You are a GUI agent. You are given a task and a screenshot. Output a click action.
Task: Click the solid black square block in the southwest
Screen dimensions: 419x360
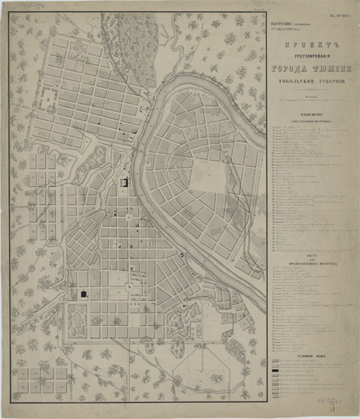point(84,295)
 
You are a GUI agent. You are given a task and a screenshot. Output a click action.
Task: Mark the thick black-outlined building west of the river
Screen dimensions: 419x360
point(124,183)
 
